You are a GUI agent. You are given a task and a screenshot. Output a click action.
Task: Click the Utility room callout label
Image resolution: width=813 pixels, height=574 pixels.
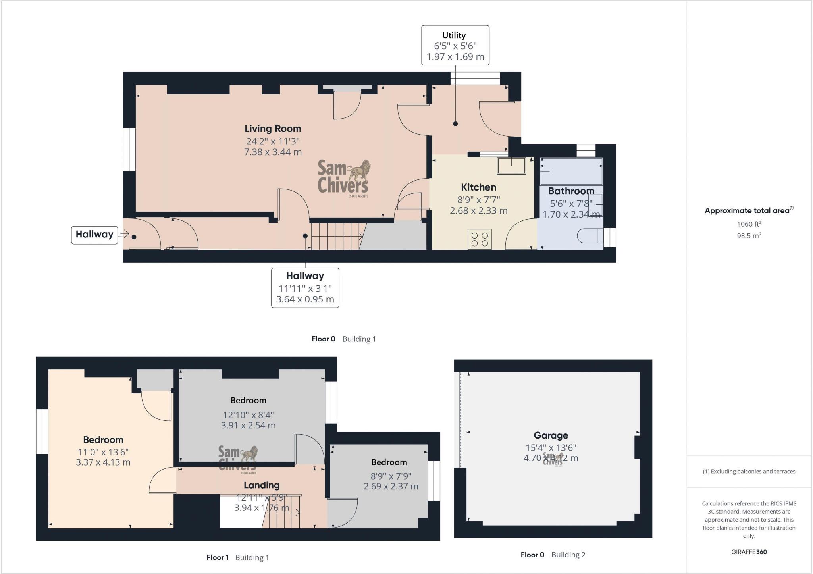[x=455, y=45]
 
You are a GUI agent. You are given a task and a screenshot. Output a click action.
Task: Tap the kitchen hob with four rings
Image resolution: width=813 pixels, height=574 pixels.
[x=480, y=239]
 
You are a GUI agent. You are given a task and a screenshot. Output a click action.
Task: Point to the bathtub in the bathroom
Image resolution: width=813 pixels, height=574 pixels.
[x=571, y=171]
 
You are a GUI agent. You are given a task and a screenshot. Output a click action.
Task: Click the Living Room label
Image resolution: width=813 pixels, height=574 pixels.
[x=273, y=129]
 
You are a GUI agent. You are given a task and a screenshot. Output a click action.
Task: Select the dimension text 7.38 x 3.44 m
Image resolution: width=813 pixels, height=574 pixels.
[x=273, y=152]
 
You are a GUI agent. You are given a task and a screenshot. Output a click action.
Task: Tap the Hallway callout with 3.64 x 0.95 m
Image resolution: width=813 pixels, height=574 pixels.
[x=305, y=287]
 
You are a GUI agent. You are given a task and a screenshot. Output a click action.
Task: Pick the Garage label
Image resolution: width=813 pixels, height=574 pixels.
[x=551, y=435]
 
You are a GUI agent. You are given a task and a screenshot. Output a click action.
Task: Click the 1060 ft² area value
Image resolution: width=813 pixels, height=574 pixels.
[x=749, y=224]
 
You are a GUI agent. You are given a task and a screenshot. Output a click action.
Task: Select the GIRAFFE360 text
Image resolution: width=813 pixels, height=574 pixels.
[x=749, y=552]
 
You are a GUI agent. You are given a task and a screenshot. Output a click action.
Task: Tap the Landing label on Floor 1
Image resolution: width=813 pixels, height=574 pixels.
[x=262, y=485]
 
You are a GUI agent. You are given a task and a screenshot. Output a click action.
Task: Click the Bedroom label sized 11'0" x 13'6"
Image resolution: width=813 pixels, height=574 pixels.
[x=103, y=440]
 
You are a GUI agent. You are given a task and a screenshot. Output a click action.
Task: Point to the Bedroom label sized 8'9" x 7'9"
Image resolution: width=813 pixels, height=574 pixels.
[x=389, y=462]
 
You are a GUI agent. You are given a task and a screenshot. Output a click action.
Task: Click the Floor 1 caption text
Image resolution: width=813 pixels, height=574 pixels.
[x=218, y=557]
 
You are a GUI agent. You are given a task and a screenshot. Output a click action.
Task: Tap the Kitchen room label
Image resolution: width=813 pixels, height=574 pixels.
[x=478, y=187]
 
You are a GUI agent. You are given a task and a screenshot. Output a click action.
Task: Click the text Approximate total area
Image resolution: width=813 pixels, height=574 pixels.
[x=747, y=211]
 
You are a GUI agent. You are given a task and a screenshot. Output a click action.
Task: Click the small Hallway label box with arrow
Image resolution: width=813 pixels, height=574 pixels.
[x=94, y=235]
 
